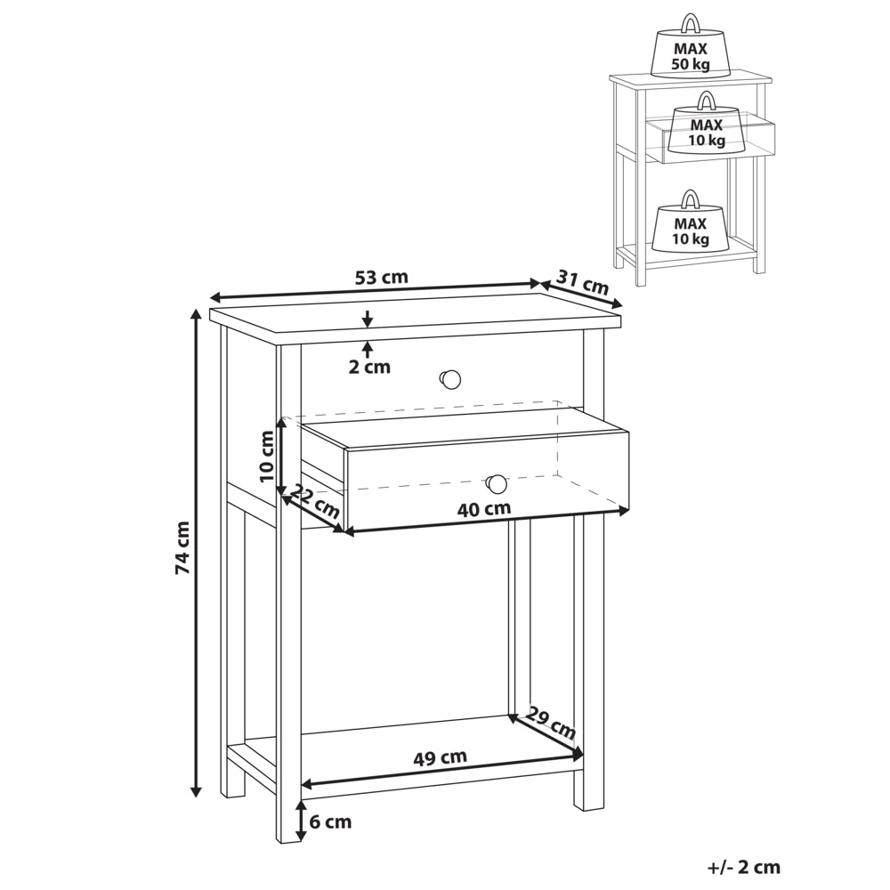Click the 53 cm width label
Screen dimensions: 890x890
(x=382, y=278)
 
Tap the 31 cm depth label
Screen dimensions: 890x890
(x=582, y=281)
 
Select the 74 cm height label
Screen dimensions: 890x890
(x=182, y=547)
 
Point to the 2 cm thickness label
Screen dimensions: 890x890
(x=369, y=368)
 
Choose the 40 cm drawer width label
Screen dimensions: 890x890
(x=484, y=508)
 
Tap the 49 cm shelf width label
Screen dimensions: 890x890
(x=440, y=757)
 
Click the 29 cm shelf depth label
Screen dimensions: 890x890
(x=549, y=723)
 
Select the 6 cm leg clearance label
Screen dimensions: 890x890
(x=330, y=821)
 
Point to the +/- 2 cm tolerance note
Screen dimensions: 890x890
(x=743, y=867)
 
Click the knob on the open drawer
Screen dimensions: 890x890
(x=497, y=484)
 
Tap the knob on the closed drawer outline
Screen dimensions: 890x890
(x=450, y=379)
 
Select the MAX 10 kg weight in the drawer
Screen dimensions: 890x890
(x=707, y=124)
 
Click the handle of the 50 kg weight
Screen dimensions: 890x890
(x=691, y=24)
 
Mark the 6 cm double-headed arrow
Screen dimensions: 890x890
(x=299, y=821)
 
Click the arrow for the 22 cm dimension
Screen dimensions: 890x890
(x=312, y=514)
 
